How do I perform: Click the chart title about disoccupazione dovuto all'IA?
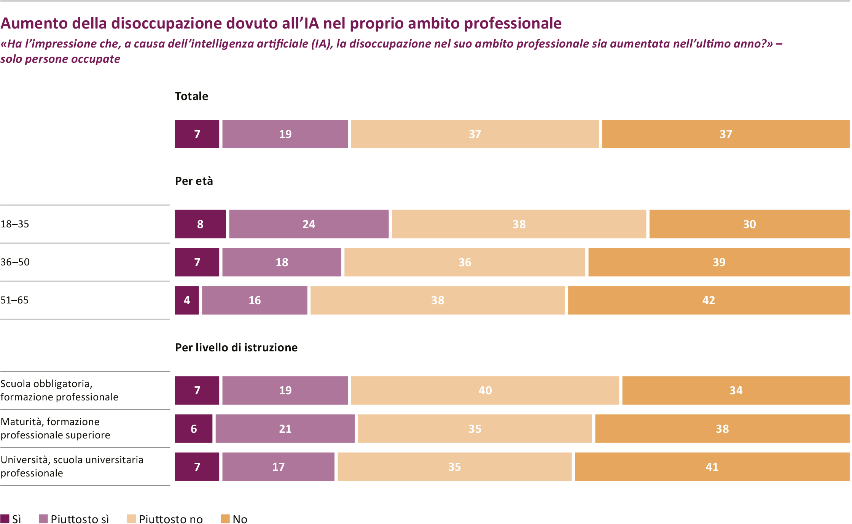pos(281,23)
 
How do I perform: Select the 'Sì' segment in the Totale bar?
pos(197,134)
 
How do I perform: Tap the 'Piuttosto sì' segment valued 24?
pos(309,224)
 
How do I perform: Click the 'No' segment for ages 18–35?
pos(749,224)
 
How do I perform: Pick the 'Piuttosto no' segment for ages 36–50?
pos(465,262)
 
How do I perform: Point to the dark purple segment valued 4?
pos(187,300)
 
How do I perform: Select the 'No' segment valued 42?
pos(709,300)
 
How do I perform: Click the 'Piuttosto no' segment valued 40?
pos(485,390)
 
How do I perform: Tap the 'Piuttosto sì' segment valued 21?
pos(285,429)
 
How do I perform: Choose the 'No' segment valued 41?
pos(712,467)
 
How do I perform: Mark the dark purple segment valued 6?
pos(194,429)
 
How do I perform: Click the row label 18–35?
pos(15,224)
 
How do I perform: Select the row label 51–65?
pos(14,300)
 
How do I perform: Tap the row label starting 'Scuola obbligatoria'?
pos(59,390)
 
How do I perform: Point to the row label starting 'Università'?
pos(72,466)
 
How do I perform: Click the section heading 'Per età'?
pos(194,181)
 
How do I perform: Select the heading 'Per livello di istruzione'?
pos(236,347)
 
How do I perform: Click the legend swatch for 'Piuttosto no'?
pos(131,519)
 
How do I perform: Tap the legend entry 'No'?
pos(234,519)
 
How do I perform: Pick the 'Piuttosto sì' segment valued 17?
pos(279,467)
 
